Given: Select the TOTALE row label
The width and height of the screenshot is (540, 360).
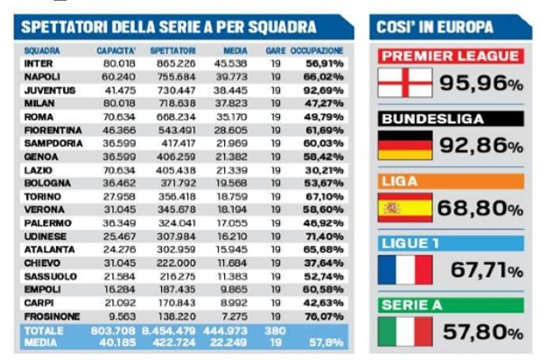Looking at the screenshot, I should [41, 330].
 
